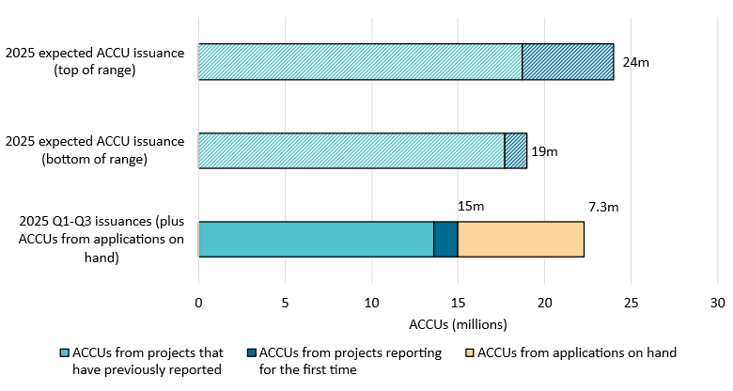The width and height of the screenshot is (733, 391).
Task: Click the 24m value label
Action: pos(636,62)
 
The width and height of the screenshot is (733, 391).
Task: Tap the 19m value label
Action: pos(544,150)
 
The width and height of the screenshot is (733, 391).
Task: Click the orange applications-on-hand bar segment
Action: pos(521,239)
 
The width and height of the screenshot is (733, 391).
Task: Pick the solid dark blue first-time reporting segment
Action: pos(445,239)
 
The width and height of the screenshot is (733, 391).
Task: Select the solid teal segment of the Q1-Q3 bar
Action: pos(316,239)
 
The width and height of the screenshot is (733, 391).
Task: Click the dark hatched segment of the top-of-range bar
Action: pos(568,62)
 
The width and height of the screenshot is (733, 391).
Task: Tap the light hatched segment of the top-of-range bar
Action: pos(360,62)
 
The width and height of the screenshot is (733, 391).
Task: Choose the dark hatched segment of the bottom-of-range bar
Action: pos(516,150)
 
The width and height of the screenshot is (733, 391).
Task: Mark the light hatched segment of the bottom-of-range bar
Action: pos(351,150)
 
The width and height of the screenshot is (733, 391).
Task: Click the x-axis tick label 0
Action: pos(198,303)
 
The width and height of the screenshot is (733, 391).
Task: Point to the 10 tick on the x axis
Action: pos(371,303)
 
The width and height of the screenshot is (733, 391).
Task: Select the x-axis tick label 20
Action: pos(544,303)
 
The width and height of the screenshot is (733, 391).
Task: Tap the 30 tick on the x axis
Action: pos(717,303)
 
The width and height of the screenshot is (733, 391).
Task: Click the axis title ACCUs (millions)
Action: pos(458,324)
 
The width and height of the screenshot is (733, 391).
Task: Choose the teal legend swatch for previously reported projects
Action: pos(64,353)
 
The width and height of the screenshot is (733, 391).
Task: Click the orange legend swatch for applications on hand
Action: pos(470,353)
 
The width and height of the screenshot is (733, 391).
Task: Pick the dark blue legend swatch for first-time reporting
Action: pos(251,353)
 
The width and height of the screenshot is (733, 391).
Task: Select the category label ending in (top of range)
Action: pos(95,62)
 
